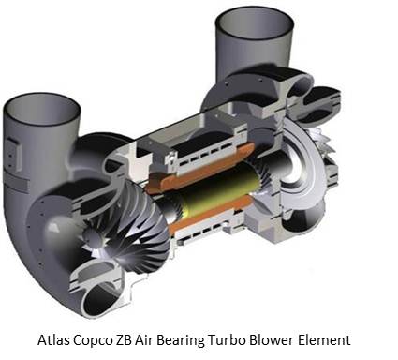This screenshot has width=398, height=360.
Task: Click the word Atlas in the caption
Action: tap(53, 339)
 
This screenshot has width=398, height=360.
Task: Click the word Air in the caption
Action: tap(144, 339)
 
